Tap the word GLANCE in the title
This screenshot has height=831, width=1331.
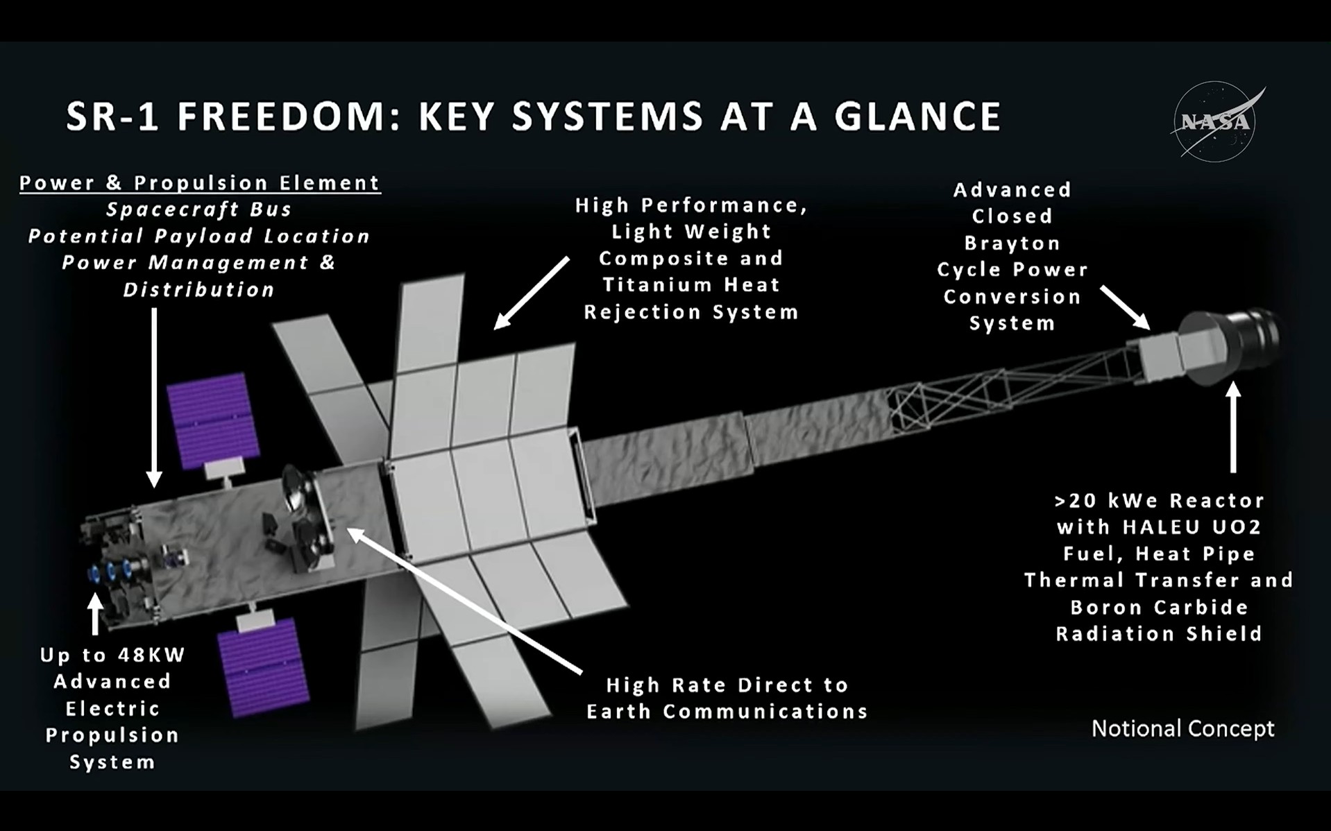[918, 116]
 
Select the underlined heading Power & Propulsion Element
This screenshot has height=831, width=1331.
[200, 183]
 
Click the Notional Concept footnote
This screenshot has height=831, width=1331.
[1182, 728]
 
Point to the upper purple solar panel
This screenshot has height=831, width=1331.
[214, 421]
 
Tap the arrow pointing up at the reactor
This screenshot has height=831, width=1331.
[1233, 427]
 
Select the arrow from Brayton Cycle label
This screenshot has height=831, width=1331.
[1125, 307]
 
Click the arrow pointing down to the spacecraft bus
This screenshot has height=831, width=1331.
[154, 397]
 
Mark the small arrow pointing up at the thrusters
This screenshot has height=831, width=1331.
[95, 614]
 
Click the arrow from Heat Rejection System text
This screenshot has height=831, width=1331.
[532, 293]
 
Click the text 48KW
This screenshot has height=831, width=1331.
[151, 655]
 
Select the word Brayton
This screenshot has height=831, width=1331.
[1012, 243]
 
